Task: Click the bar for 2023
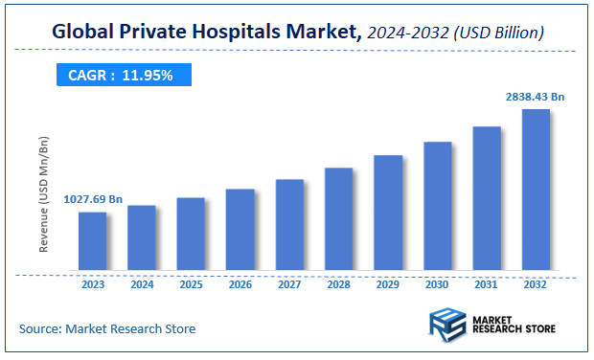pyautogui.click(x=92, y=240)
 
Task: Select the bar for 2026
pyautogui.click(x=240, y=229)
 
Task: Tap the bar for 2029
pyautogui.click(x=388, y=212)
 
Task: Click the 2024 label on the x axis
pyautogui.click(x=142, y=284)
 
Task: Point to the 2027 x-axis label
pyautogui.click(x=289, y=284)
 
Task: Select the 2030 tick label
pyautogui.click(x=438, y=284)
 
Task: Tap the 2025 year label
pyautogui.click(x=191, y=284)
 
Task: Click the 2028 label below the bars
pyautogui.click(x=339, y=284)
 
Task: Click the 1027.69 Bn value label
pyautogui.click(x=93, y=199)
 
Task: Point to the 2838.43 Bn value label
pyautogui.click(x=536, y=97)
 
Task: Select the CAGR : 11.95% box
pyautogui.click(x=121, y=75)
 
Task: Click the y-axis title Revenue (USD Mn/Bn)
pyautogui.click(x=44, y=195)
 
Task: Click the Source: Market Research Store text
pyautogui.click(x=107, y=328)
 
